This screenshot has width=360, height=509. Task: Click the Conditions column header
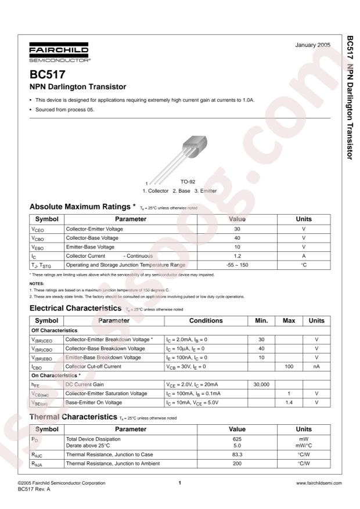[206, 320]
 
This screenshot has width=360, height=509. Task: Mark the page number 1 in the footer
[180, 483]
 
